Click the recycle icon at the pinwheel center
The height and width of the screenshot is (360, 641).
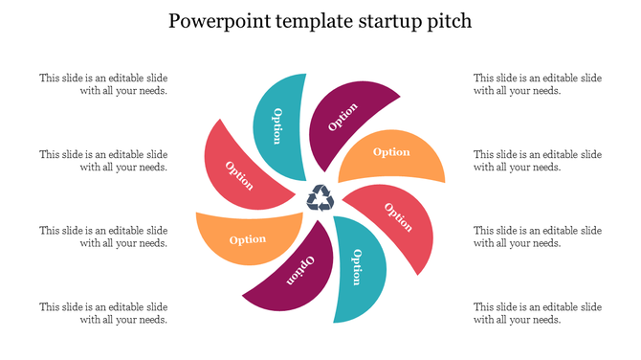click(x=319, y=198)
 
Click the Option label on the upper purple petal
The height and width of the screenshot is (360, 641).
click(x=343, y=117)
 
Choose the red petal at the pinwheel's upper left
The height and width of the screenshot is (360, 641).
click(x=239, y=173)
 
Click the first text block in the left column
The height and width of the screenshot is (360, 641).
click(x=103, y=84)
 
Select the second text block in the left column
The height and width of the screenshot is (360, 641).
click(x=103, y=161)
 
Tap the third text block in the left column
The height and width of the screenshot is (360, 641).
click(x=103, y=236)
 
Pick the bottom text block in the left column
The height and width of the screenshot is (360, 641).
click(x=103, y=313)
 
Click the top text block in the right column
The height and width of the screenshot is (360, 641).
click(x=538, y=84)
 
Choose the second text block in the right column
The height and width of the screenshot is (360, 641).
click(x=538, y=161)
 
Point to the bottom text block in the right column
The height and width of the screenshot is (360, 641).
click(x=538, y=313)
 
